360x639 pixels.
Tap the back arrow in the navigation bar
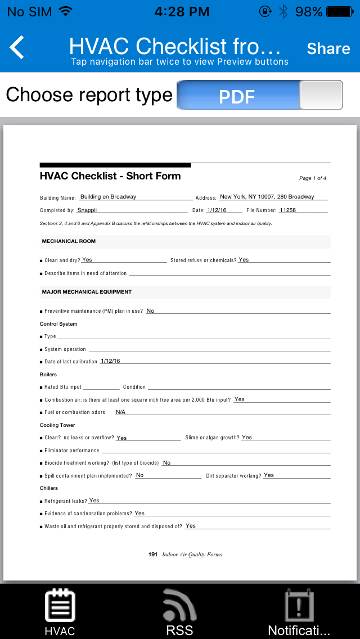17,48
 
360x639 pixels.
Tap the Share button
328,49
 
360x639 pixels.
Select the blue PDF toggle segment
237,96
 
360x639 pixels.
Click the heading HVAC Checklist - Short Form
110,176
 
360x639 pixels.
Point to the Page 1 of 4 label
313,178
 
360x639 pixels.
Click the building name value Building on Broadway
108,197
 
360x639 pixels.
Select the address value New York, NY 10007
267,197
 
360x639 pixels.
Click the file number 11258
287,210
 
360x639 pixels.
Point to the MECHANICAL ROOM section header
69,241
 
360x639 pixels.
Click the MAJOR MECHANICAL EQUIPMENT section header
87,292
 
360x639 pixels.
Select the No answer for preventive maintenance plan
150,311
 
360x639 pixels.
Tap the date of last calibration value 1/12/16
110,361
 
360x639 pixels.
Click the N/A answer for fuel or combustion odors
120,412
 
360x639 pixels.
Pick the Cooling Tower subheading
57,425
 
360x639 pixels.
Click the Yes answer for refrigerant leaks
94,501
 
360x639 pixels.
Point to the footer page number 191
153,555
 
